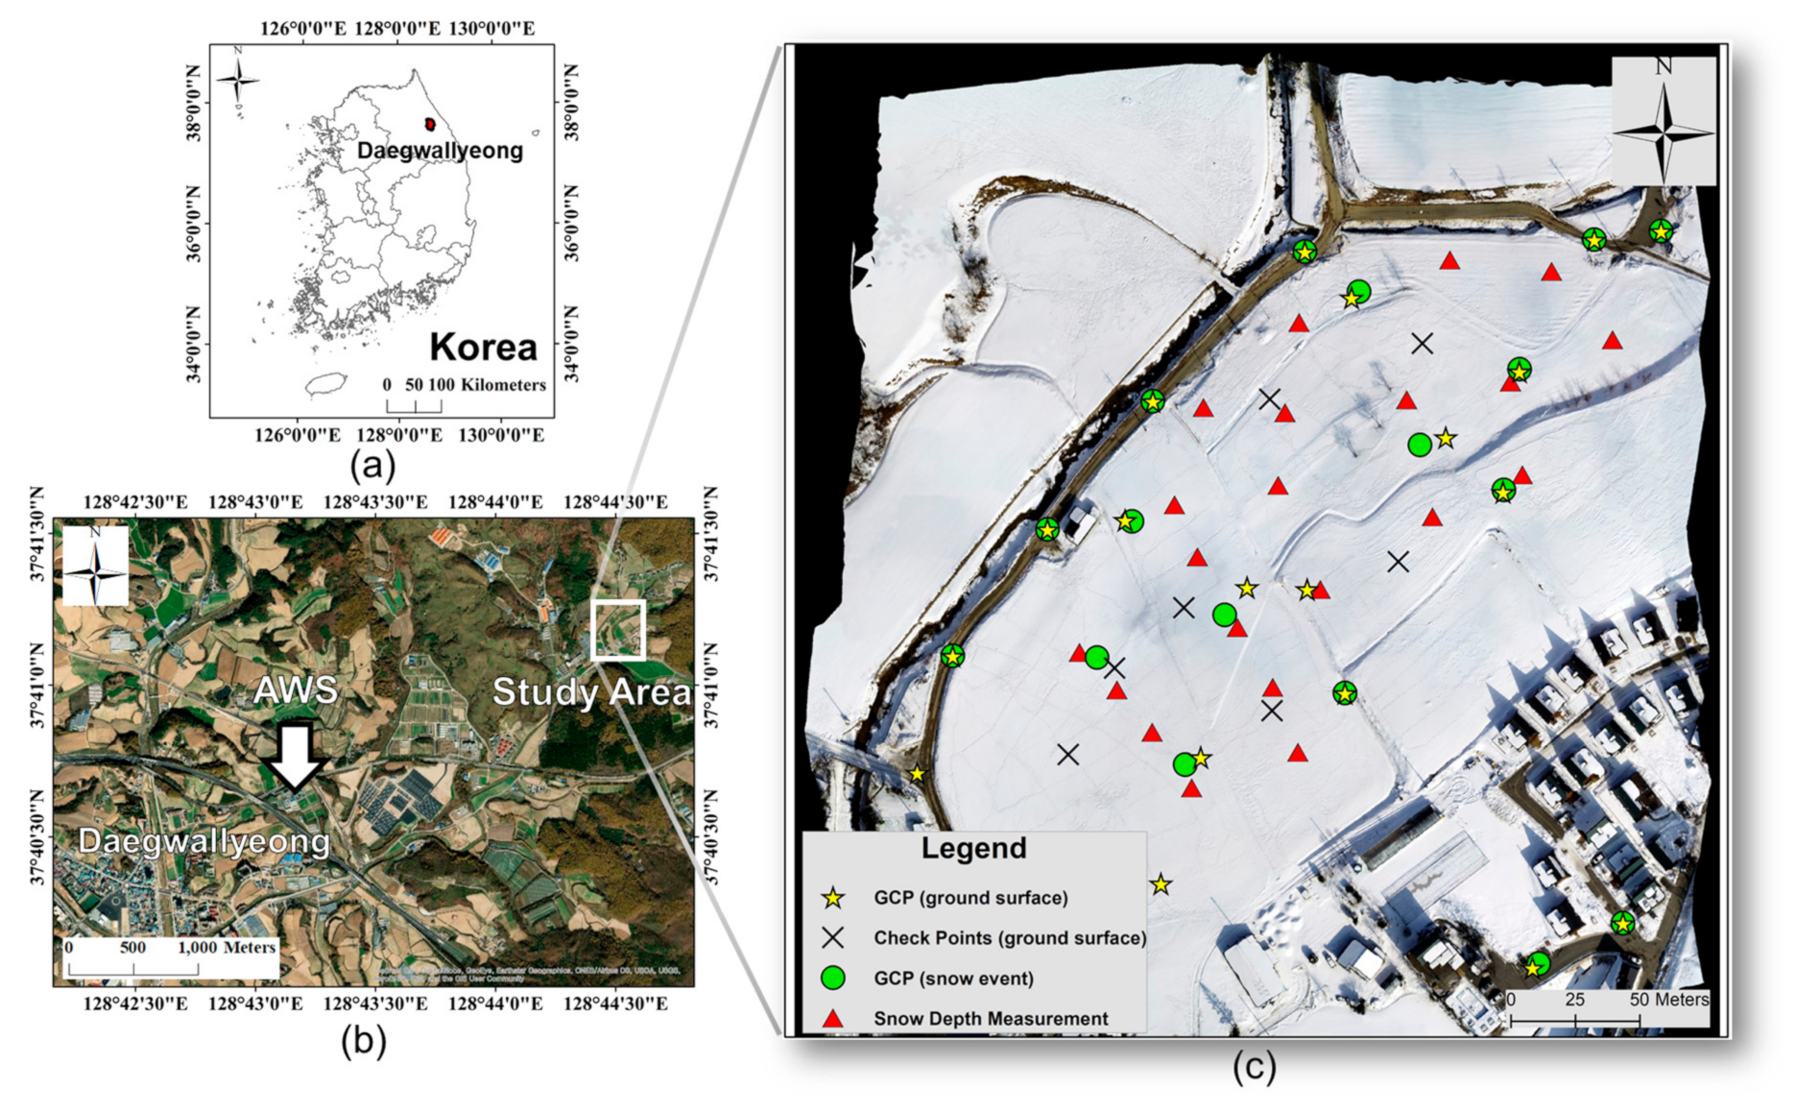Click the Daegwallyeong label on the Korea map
[x=440, y=151]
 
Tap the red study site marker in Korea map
[x=430, y=124]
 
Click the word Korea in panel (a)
[x=483, y=347]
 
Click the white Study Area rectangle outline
[x=618, y=630]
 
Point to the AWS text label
[x=296, y=689]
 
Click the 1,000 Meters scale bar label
[x=227, y=947]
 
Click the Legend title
[x=973, y=848]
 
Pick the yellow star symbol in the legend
[x=833, y=899]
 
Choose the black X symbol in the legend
[x=833, y=938]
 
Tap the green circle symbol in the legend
[x=833, y=979]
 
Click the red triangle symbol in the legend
[x=833, y=1019]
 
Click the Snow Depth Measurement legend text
[x=991, y=1019]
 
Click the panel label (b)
[x=363, y=1041]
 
